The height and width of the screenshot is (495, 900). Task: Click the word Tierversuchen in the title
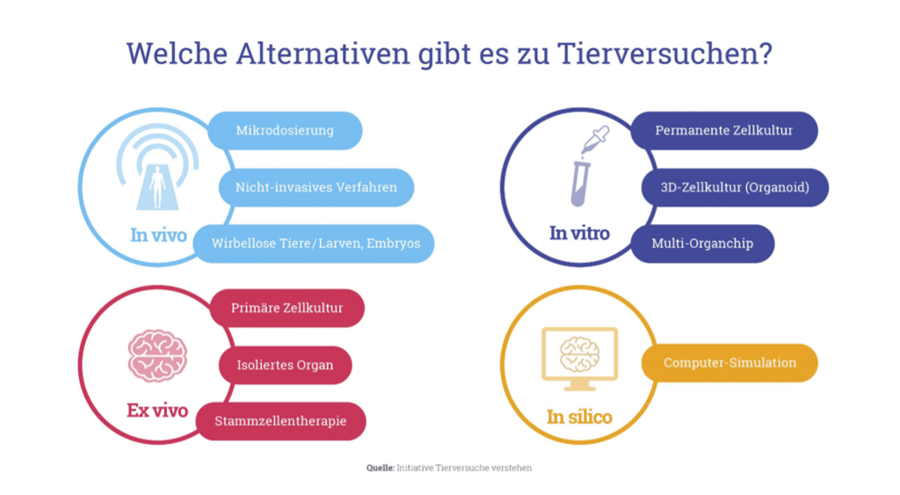664,54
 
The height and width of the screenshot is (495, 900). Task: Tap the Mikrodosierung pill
285,130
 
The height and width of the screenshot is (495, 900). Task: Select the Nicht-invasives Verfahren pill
316,187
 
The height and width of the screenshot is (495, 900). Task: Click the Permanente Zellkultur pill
724,130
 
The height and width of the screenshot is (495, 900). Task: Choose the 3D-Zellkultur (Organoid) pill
735,187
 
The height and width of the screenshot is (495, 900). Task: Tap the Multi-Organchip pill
702,244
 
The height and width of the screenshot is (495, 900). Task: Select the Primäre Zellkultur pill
287,308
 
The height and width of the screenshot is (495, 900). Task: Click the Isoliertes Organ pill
286,365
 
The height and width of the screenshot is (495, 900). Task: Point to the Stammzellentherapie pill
280,421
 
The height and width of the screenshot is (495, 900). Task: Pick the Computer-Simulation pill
729,363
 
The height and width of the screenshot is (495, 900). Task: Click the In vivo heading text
158,235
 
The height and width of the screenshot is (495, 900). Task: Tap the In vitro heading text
579,233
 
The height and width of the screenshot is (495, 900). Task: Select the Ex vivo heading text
157,410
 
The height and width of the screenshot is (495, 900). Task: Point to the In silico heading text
579,417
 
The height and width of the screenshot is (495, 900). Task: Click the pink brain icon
157,356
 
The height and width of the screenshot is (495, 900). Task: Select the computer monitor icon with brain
580,359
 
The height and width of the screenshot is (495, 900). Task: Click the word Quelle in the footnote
381,468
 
